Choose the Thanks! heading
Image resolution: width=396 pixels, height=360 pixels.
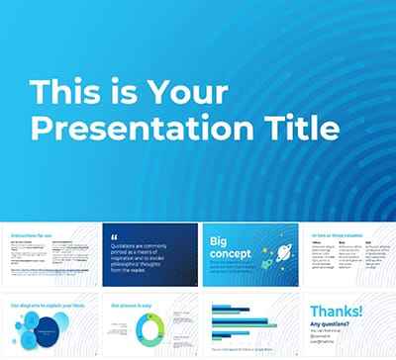coord(337,313)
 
